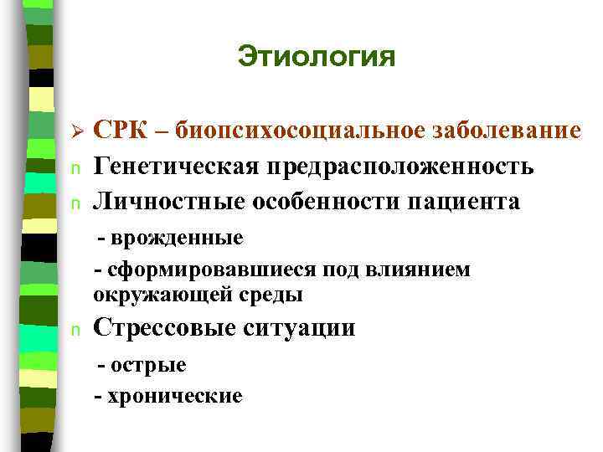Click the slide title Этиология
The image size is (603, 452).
(x=315, y=57)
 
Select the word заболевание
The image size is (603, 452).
(x=508, y=131)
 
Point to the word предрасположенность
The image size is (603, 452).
(x=399, y=167)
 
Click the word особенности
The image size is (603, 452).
(x=315, y=202)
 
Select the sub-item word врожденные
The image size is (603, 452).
(x=176, y=238)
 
